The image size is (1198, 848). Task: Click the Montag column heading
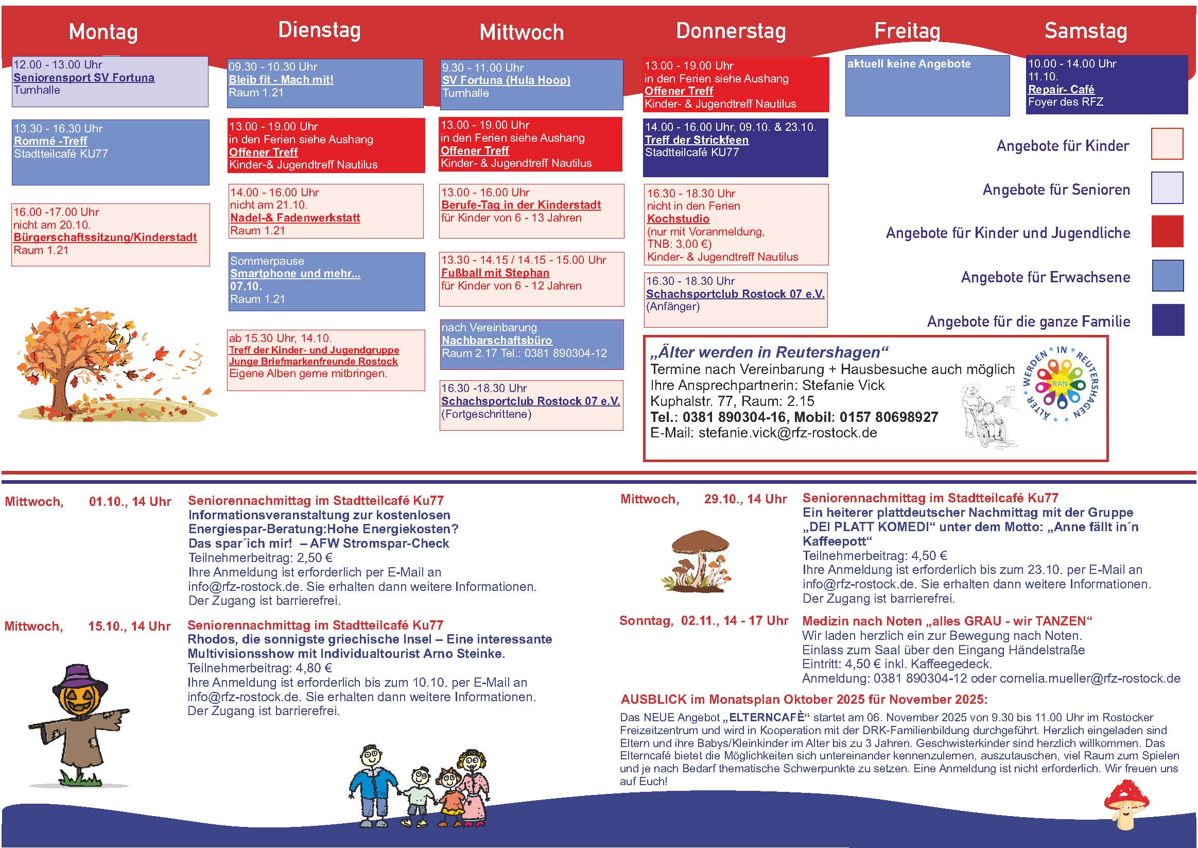[103, 32]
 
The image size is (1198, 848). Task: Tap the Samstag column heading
[1085, 31]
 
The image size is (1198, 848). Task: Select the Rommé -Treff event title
[50, 141]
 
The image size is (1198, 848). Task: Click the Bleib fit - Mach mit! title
[281, 80]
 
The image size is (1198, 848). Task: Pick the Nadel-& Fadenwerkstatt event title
[295, 218]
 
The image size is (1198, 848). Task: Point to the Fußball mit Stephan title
[495, 273]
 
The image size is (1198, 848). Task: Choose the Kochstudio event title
[678, 219]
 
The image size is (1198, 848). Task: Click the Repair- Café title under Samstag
[1061, 89]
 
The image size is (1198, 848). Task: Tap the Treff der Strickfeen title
[697, 140]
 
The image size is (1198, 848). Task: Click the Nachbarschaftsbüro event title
[497, 341]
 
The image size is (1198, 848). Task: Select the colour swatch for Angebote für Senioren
[1167, 188]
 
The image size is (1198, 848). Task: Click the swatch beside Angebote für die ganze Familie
[1167, 319]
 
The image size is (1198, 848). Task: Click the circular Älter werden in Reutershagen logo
[1060, 384]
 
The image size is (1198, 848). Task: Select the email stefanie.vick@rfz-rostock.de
[787, 433]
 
